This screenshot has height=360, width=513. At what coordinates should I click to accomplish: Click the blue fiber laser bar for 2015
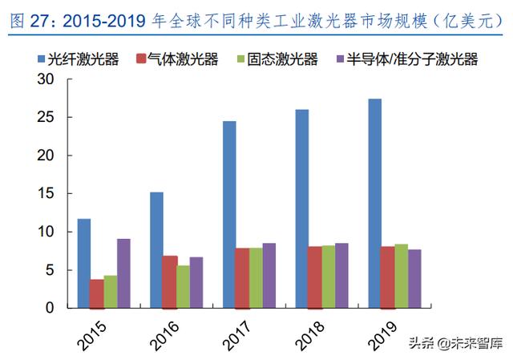coord(83,263)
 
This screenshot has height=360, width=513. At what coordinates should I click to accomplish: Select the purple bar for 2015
coord(123,273)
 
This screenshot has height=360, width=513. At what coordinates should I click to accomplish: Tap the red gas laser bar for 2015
coord(97,293)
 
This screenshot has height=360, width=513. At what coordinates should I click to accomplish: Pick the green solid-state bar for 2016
coord(183,286)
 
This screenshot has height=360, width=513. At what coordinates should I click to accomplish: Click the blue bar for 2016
coord(156,249)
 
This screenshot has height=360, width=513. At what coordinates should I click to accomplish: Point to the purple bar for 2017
coord(269,275)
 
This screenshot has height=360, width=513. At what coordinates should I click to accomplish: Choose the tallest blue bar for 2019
coord(375,203)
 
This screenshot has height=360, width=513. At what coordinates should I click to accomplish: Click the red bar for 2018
coord(315,277)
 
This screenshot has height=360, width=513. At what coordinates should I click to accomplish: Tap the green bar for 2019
coord(401,276)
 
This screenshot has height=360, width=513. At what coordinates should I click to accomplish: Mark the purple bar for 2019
coord(414,278)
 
